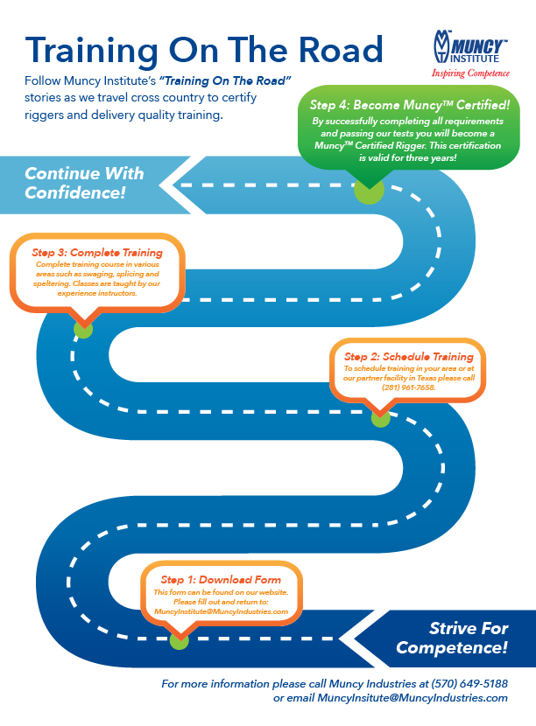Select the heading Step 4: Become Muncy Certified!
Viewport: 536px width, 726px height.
point(410,104)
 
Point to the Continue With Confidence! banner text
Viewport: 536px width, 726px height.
point(83,182)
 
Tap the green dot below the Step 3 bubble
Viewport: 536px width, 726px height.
point(83,329)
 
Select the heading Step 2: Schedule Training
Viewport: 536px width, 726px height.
point(408,356)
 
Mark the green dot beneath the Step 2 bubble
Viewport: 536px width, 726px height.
point(380,418)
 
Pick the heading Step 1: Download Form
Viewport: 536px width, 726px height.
point(221,580)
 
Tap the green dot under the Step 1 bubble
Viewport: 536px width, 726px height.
point(179,641)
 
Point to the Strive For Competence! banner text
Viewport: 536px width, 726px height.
point(452,639)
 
